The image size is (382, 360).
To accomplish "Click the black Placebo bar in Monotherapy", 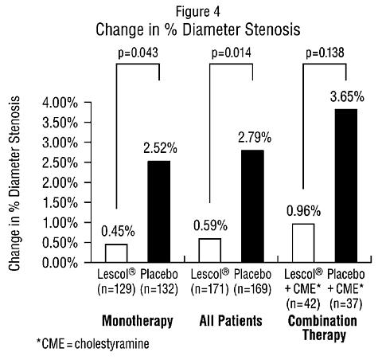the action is (x=159, y=212).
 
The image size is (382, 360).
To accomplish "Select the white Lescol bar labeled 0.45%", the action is (x=116, y=253).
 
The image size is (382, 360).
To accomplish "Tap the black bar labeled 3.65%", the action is (x=346, y=186).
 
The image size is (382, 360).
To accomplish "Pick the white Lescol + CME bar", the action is (x=303, y=243).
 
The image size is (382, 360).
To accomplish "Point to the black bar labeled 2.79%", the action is (x=252, y=206).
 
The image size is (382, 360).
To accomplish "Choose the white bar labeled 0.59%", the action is (x=210, y=250).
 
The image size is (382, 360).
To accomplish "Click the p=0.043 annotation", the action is (x=138, y=53).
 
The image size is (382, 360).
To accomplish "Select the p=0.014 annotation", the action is (x=231, y=53).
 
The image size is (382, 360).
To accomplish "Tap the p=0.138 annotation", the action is (x=325, y=53).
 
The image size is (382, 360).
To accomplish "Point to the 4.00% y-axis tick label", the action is (x=60, y=103).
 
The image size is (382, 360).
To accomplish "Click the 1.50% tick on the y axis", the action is (x=60, y=203).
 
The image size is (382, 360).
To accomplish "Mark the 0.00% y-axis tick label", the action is (x=60, y=263).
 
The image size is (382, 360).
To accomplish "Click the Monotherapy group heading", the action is (x=138, y=322).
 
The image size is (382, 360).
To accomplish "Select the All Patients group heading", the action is (x=231, y=321).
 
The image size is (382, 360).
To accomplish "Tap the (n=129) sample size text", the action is (x=116, y=289).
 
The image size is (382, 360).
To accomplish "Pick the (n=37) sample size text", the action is (x=345, y=303).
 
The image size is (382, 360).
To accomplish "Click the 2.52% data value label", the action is (x=160, y=148).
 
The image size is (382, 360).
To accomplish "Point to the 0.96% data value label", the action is (x=304, y=211).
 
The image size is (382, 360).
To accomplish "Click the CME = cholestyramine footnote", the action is (x=93, y=344).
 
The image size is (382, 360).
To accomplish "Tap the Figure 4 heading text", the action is (x=198, y=12).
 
